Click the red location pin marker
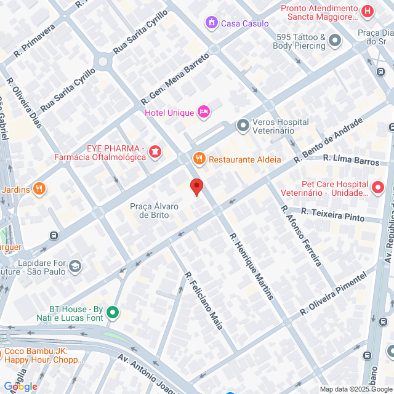pyautogui.click(x=196, y=187)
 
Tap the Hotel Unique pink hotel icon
pyautogui.click(x=204, y=112)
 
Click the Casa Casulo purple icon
pyautogui.click(x=212, y=23)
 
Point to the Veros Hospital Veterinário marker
pyautogui.click(x=243, y=126)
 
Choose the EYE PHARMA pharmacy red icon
pyautogui.click(x=155, y=150)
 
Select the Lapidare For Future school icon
pyautogui.click(x=75, y=266)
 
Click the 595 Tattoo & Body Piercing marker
pyautogui.click(x=335, y=41)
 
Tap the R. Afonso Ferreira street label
pyautogui.click(x=301, y=235)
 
